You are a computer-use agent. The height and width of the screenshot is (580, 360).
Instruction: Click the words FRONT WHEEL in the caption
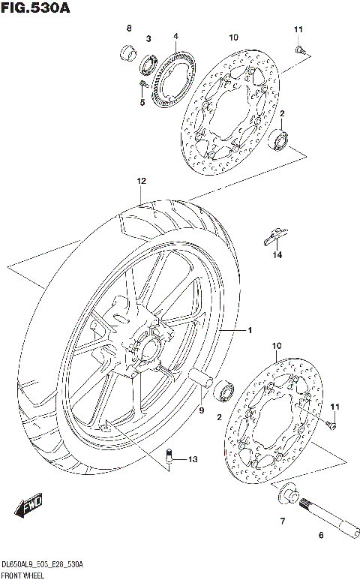[x=22, y=574]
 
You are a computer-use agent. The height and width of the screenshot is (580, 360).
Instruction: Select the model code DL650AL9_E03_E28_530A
[x=42, y=563]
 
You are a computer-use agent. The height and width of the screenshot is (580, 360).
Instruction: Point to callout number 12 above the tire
[x=140, y=182]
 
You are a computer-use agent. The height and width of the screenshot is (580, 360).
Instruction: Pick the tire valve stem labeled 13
[x=169, y=456]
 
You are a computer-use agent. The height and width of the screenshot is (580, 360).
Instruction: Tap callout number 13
[x=193, y=459]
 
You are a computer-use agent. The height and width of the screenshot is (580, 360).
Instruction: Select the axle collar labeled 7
[x=287, y=494]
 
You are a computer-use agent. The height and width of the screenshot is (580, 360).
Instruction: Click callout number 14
[x=277, y=256]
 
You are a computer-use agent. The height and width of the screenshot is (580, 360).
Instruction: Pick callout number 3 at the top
[x=148, y=38]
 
